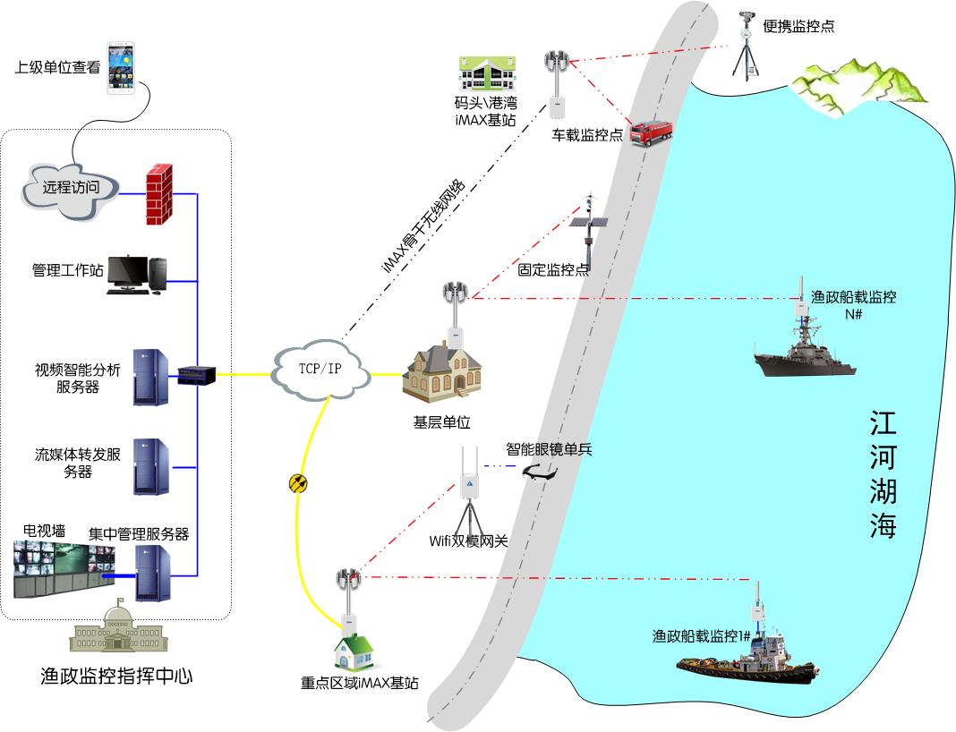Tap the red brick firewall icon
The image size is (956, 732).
click(158, 194)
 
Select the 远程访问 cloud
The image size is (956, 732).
click(65, 189)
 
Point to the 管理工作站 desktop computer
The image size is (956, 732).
click(137, 275)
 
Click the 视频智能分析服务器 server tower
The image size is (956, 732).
click(149, 377)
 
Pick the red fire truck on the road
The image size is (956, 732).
click(650, 134)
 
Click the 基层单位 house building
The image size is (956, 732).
click(441, 371)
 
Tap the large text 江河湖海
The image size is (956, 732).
click(883, 474)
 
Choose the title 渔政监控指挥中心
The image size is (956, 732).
click(117, 676)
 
